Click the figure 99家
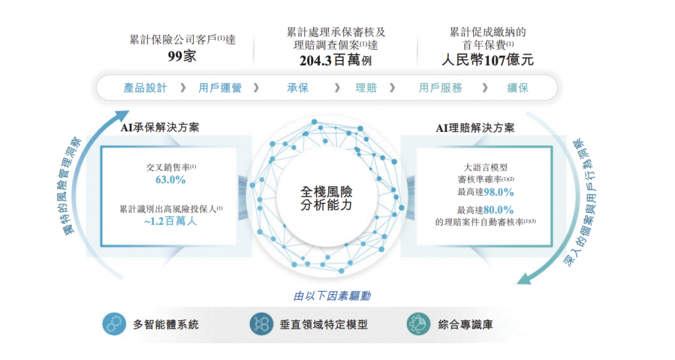[182, 57]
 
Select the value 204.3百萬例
[336, 60]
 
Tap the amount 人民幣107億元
[487, 60]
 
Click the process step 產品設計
[145, 88]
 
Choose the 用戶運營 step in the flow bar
[220, 88]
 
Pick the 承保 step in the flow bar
[298, 88]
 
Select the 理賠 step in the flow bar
[367, 88]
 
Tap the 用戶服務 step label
[440, 88]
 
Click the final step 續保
[517, 88]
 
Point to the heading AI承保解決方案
[160, 127]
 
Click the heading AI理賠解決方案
[475, 128]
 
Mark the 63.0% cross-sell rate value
[171, 180]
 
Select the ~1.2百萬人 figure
[170, 222]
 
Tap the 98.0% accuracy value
[498, 192]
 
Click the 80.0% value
[498, 210]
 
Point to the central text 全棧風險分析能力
[326, 198]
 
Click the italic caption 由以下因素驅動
[332, 296]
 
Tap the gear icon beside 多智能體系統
[114, 324]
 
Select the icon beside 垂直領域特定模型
[261, 324]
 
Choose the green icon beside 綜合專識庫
[419, 324]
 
